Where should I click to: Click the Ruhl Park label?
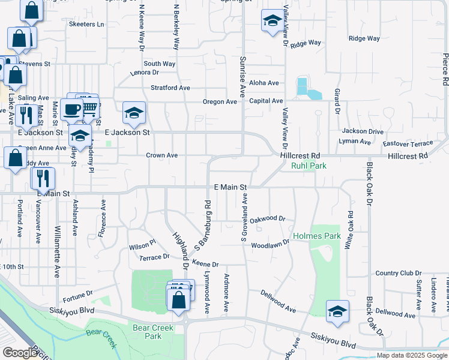tap(309, 166)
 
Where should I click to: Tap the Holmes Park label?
tap(317, 236)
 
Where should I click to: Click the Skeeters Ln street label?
tap(86, 25)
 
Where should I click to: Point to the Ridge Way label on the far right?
tap(364, 38)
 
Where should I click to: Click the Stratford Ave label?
tap(170, 88)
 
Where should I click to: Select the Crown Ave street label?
tap(161, 155)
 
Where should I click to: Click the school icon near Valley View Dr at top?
tap(272, 21)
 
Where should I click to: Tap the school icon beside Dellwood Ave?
tap(337, 311)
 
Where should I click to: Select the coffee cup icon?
tap(72, 109)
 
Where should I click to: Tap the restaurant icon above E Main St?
tap(43, 177)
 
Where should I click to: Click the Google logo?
tap(19, 353)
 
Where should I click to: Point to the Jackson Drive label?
tap(363, 131)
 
